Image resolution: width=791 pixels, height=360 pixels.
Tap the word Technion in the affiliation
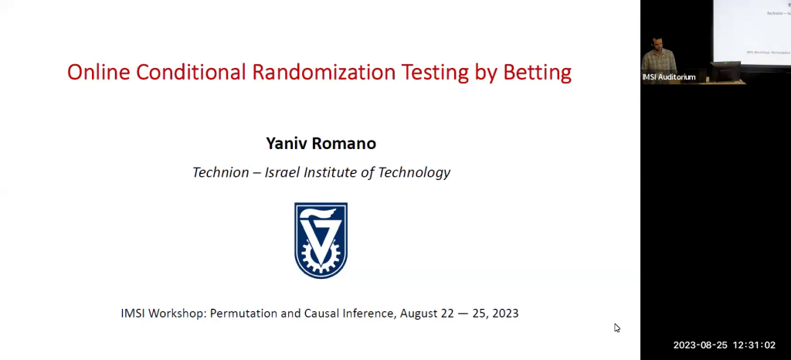pos(222,172)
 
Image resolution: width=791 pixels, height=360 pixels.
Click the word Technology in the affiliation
pos(415,172)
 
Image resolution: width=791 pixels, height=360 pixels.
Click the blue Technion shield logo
pos(321,240)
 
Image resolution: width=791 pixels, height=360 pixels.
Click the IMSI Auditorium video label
pos(669,77)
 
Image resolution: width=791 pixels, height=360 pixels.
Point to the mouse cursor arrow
pos(616,327)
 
